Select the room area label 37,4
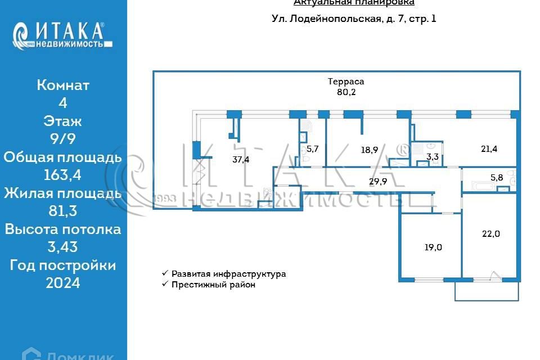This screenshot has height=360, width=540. (241, 159)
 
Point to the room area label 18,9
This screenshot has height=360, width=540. (369, 150)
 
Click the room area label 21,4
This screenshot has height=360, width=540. (489, 148)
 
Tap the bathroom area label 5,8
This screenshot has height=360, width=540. (497, 177)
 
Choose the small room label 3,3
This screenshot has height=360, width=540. (433, 157)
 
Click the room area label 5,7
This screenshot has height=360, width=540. (313, 149)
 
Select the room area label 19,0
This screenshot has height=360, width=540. (432, 246)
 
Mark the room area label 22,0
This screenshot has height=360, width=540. (491, 234)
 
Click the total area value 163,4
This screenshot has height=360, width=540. (63, 175)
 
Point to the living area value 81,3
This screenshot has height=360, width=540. (63, 211)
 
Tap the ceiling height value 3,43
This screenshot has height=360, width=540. (63, 247)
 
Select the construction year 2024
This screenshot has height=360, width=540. (63, 283)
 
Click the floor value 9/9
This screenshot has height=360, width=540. (63, 139)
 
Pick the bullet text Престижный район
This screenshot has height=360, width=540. (214, 285)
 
